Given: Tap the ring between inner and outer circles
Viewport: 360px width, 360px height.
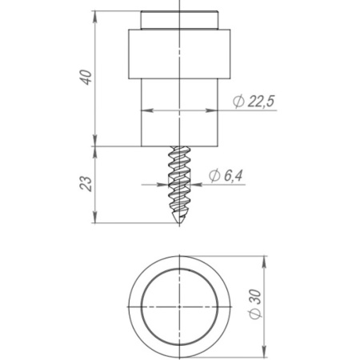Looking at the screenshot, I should (135, 307).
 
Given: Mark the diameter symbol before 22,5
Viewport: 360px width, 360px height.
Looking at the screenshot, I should (238, 101).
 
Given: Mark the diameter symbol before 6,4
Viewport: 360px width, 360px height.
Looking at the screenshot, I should (214, 176).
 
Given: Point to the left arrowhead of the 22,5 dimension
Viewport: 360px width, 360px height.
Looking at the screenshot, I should (146, 110).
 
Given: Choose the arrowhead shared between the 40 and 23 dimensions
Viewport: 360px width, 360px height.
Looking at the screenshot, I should (96, 147).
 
